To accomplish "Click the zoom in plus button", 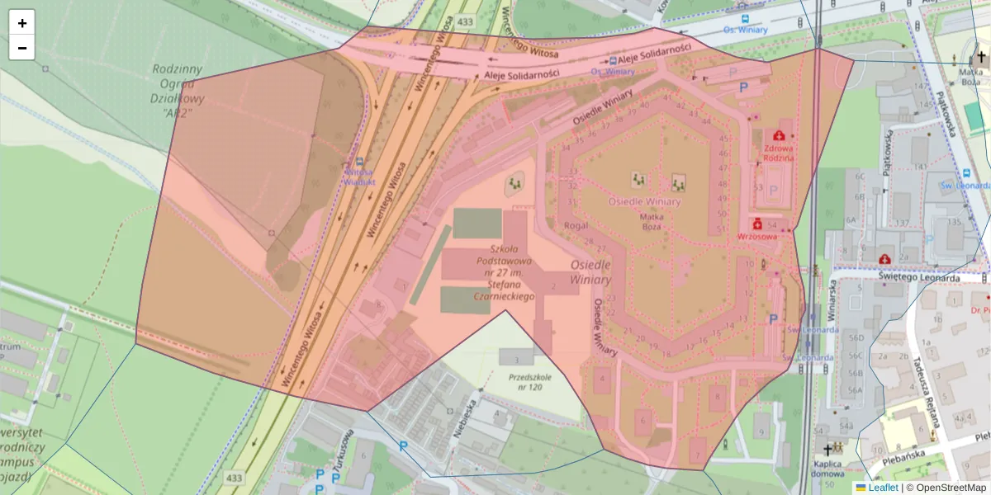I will click(x=22, y=23).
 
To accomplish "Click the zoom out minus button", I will click(x=22, y=48).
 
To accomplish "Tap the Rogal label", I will click(x=575, y=224).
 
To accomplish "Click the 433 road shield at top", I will click(x=465, y=20).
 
